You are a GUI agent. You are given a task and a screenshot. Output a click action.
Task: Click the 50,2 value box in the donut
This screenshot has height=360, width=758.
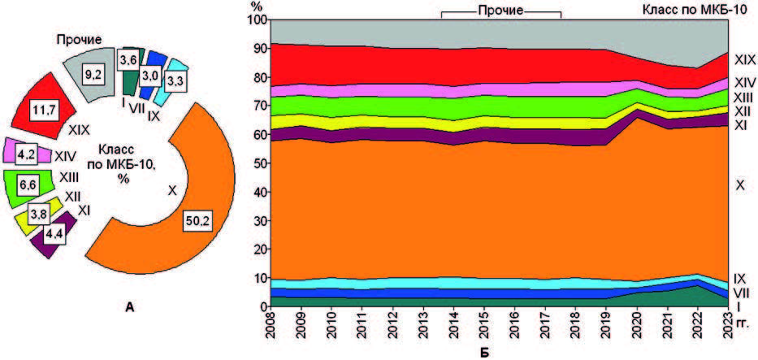point(197,222)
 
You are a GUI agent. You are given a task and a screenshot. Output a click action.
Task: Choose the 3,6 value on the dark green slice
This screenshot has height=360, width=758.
point(128,59)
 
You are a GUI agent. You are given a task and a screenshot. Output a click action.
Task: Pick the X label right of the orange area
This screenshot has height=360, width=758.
point(739,186)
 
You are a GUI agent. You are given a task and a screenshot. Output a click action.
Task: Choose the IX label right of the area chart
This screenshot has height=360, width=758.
point(740,278)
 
